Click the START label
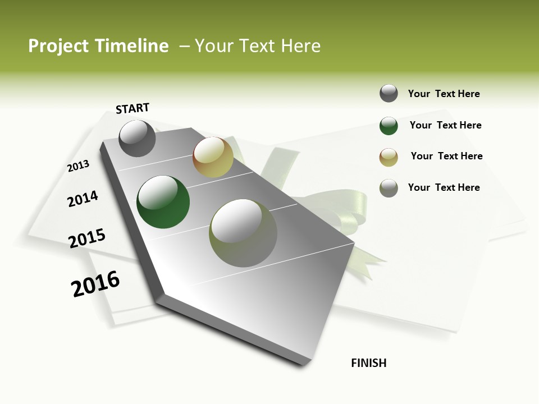(133, 108)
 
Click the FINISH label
(368, 363)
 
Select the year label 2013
(78, 166)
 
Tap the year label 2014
(83, 199)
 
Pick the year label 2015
(87, 238)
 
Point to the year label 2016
(95, 284)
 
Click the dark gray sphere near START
(138, 138)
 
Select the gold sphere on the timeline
(213, 157)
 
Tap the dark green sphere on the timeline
(163, 202)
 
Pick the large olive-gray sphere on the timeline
(243, 233)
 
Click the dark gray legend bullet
(389, 93)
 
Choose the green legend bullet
(389, 126)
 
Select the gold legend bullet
(389, 157)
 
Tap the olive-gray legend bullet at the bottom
(389, 188)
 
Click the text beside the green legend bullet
(445, 125)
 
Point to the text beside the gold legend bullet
(446, 156)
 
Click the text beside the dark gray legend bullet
(444, 94)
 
